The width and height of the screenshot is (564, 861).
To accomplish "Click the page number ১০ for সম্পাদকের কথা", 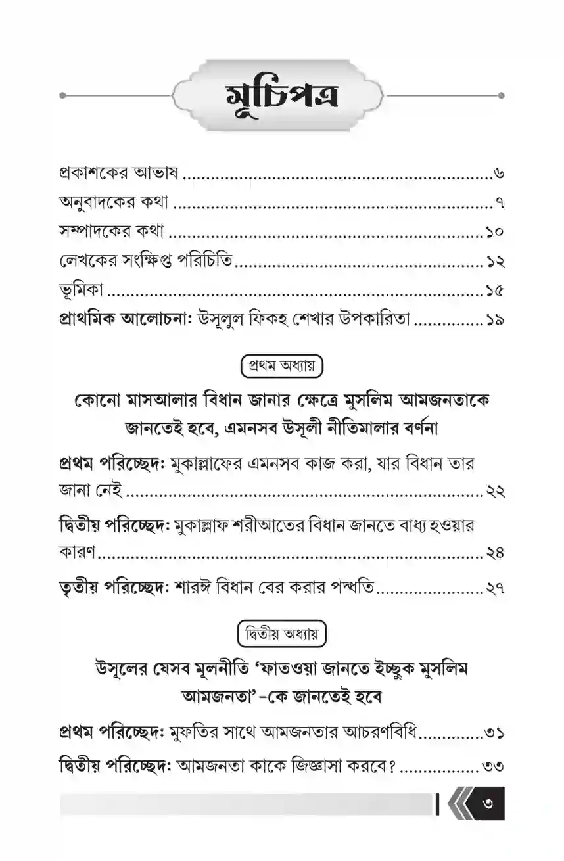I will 495,233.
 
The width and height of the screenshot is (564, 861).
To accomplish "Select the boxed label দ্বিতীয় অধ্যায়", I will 281,634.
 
